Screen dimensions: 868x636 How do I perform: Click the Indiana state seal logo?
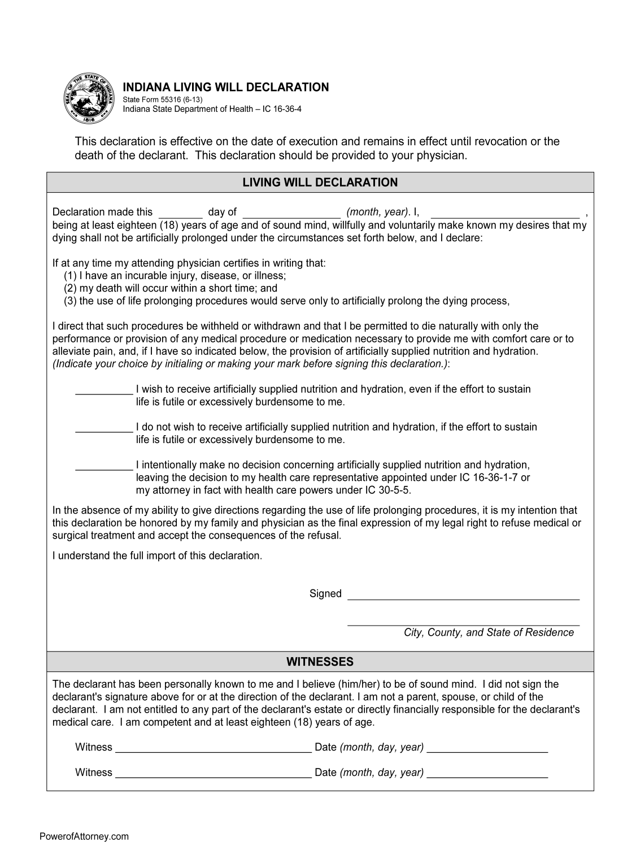89,98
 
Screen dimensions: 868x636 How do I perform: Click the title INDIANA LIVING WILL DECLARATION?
225,87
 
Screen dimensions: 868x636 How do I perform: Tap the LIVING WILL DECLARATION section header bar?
320,183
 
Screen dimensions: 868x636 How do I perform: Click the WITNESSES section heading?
320,662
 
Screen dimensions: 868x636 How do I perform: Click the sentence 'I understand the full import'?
158,555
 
